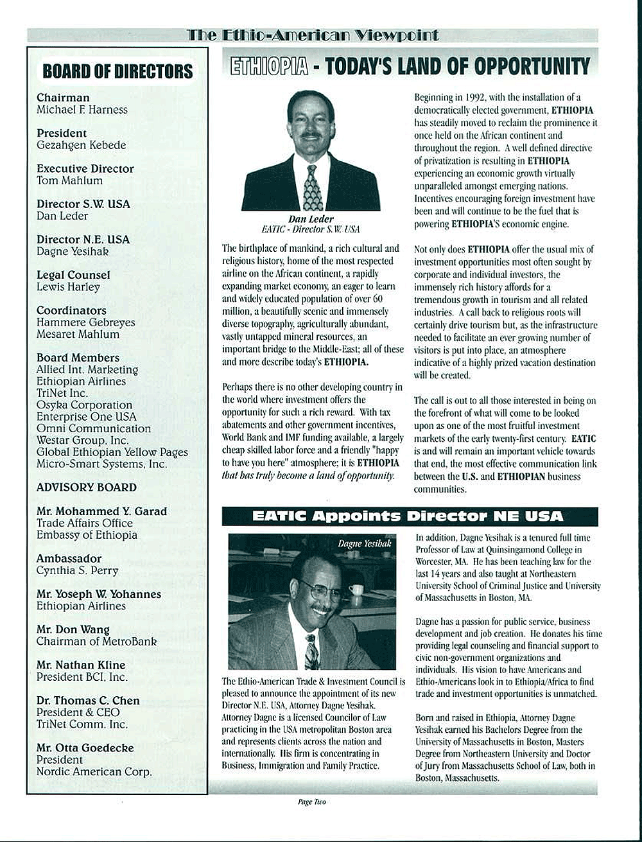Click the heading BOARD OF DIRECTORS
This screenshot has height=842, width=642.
(x=117, y=71)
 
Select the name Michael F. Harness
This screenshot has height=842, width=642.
(x=82, y=110)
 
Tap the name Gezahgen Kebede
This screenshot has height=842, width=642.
(x=82, y=145)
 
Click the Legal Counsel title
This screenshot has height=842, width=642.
(x=73, y=275)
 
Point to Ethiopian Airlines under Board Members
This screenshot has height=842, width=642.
(x=81, y=382)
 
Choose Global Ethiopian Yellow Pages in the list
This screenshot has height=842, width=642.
(x=112, y=452)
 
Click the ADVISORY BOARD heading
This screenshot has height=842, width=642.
(x=87, y=487)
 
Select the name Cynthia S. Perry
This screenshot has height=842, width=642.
(x=77, y=570)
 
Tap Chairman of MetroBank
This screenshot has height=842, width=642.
(x=96, y=641)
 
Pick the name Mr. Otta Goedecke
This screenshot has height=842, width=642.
(x=85, y=748)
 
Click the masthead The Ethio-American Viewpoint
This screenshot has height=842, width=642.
(x=313, y=35)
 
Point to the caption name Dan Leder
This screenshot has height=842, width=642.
(x=311, y=219)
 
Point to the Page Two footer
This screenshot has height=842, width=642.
(x=311, y=802)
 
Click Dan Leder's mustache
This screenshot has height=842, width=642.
(x=311, y=136)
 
